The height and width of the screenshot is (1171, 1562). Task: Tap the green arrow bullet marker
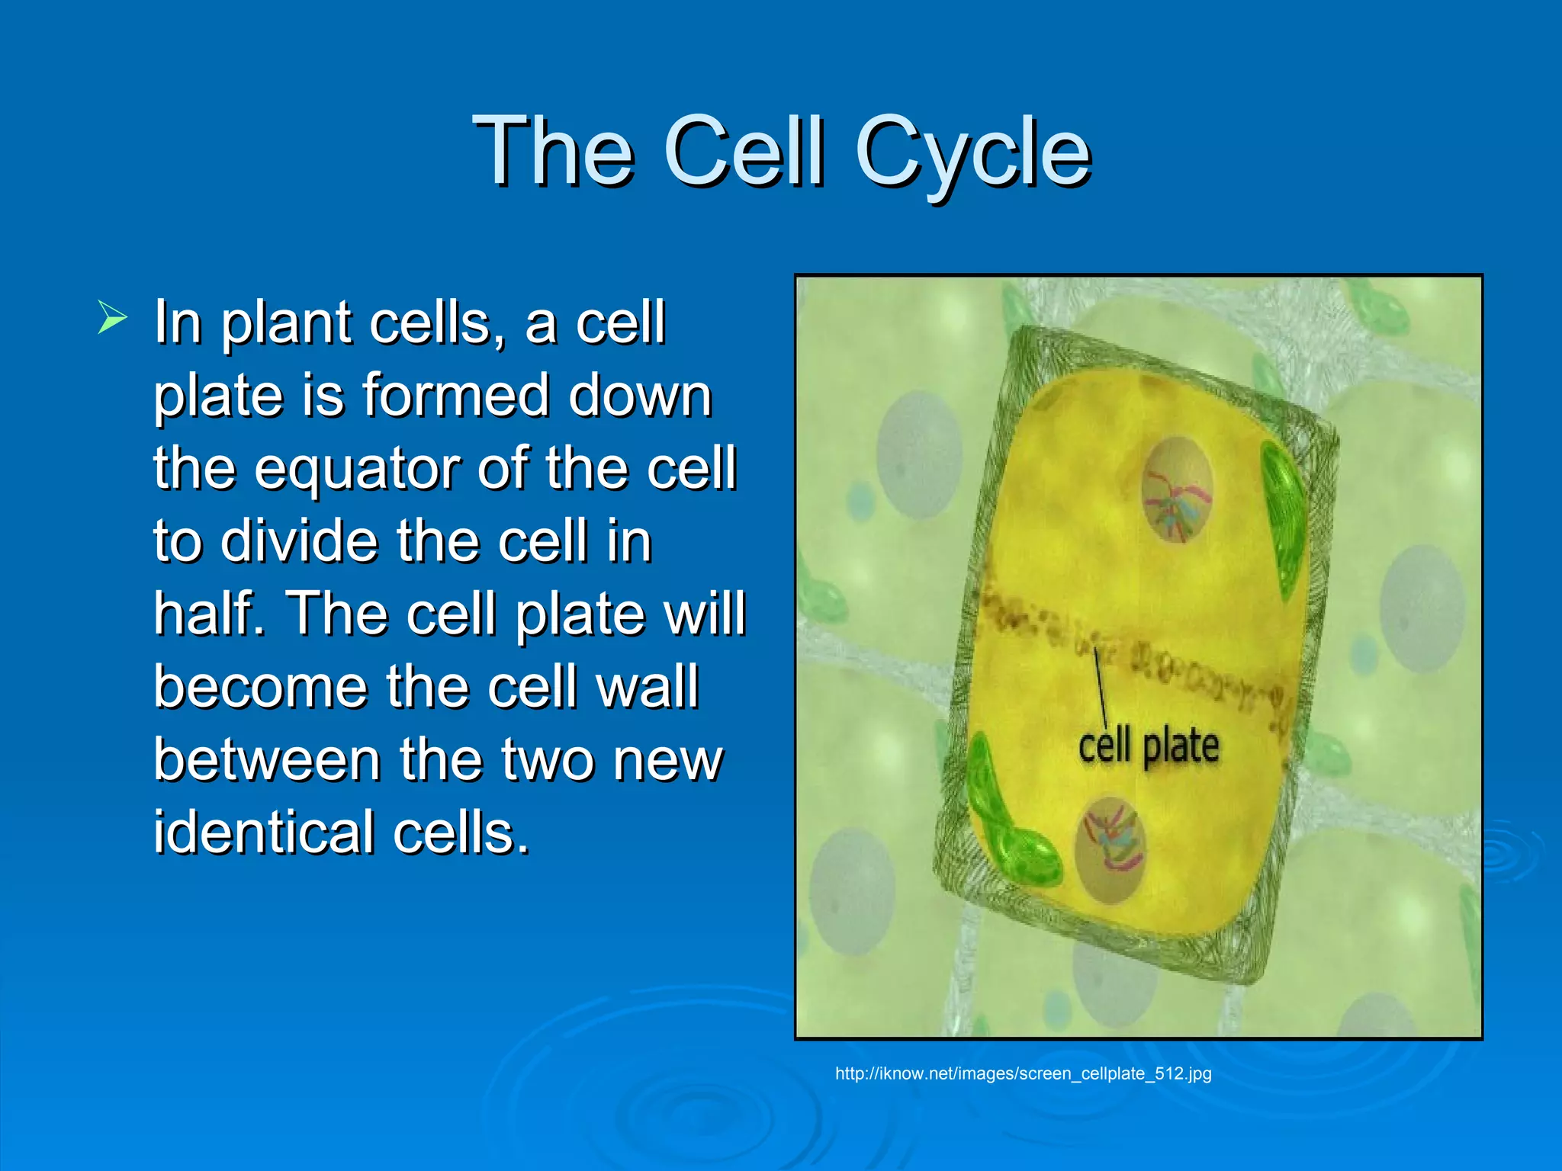pos(111,318)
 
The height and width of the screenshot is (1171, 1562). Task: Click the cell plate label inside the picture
pos(1148,746)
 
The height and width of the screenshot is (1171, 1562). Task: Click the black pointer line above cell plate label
pos(1100,686)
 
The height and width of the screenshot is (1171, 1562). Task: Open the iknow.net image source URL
pos(1023,1073)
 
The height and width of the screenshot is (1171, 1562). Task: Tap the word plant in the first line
pos(286,324)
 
